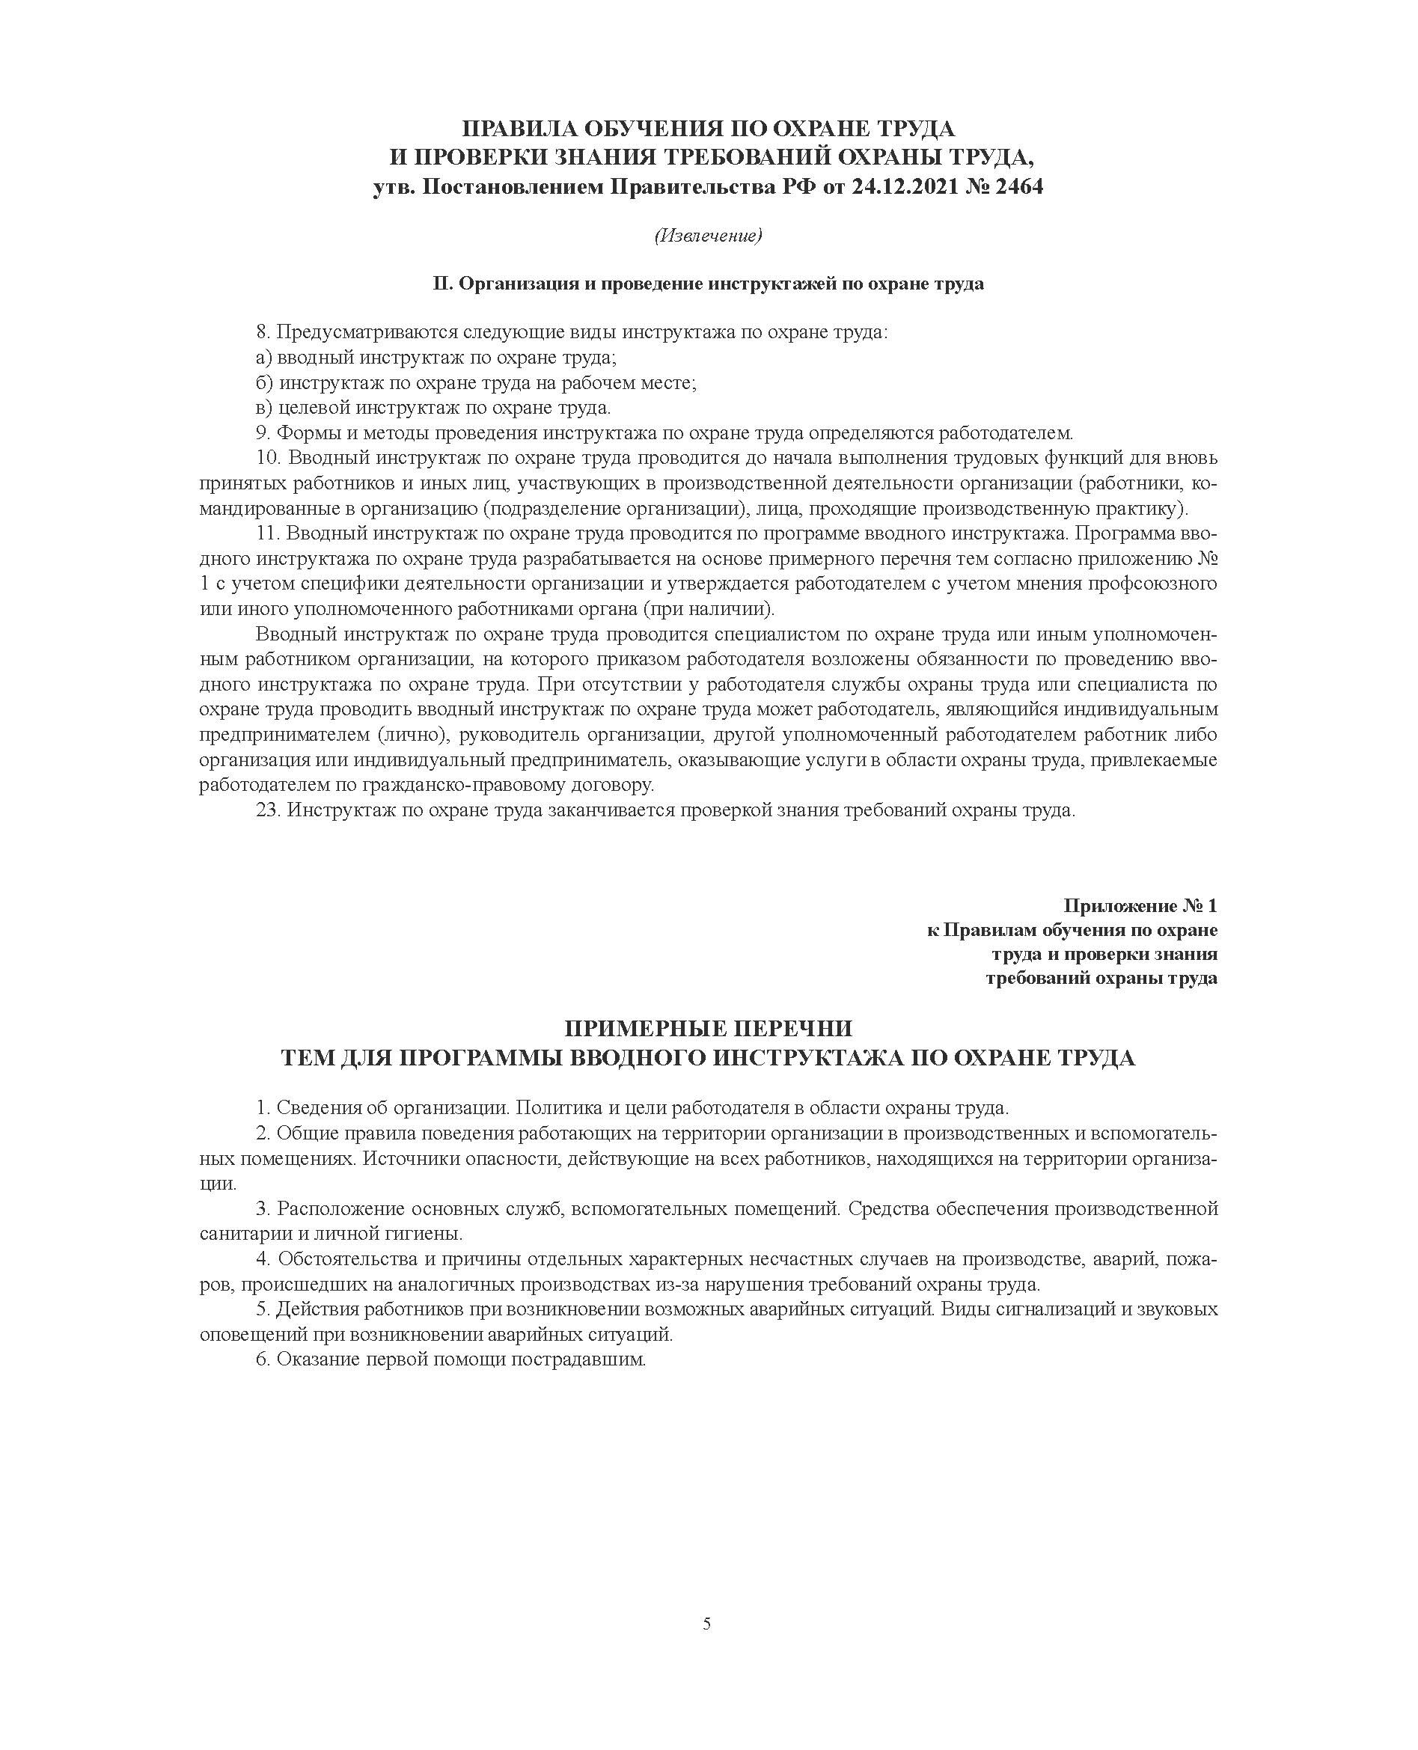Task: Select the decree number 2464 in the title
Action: pyautogui.click(x=1019, y=187)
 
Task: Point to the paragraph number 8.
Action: pyautogui.click(x=262, y=332)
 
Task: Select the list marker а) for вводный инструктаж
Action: pyautogui.click(x=264, y=358)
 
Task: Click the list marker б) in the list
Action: pyautogui.click(x=264, y=383)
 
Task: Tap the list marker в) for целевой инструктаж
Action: pyautogui.click(x=264, y=408)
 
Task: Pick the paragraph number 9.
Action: pyautogui.click(x=262, y=432)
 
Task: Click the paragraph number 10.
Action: pyautogui.click(x=268, y=458)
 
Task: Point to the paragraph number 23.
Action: pyautogui.click(x=268, y=811)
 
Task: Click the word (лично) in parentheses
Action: pyautogui.click(x=413, y=735)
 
